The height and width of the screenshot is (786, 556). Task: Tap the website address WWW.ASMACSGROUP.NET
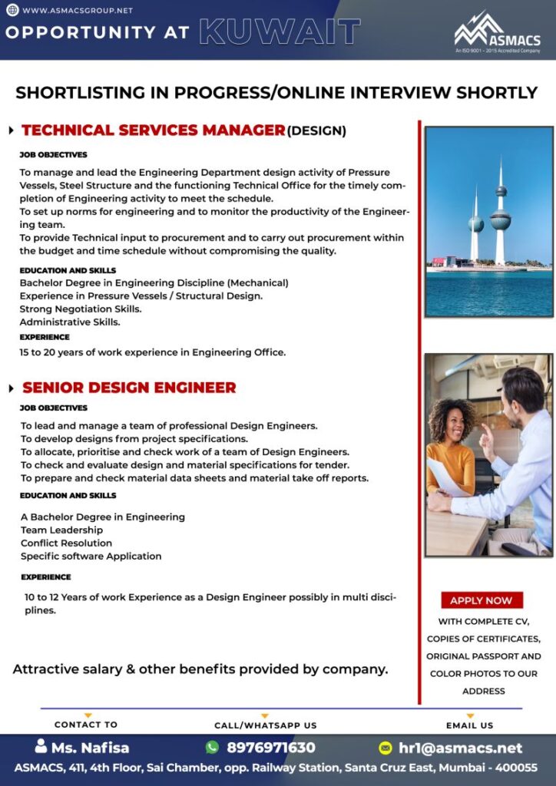(x=78, y=11)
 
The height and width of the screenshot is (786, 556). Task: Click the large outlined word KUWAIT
(x=280, y=32)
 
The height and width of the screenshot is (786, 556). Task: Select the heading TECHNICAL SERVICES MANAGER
(x=154, y=130)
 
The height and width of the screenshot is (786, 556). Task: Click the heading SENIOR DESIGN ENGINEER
(x=129, y=388)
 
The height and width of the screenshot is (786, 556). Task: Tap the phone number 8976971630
(x=270, y=748)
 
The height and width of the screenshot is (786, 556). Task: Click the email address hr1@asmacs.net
(x=460, y=748)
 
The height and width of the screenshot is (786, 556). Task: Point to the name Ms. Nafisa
(x=90, y=748)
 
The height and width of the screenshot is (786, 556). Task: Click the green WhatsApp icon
(x=212, y=747)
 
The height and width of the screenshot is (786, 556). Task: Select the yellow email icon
(x=386, y=748)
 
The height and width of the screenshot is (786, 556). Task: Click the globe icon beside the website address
(x=13, y=11)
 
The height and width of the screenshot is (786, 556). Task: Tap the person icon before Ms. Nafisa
(x=41, y=746)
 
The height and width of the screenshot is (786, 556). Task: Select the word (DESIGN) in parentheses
(x=316, y=131)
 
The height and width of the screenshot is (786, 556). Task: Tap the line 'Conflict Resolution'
(x=66, y=543)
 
